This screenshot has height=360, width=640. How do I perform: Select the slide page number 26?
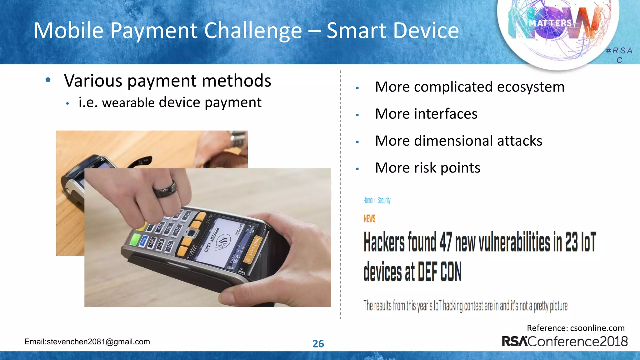tap(318, 344)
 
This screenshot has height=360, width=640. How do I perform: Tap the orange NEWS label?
tap(369, 218)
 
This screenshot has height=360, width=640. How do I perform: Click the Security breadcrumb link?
tap(384, 200)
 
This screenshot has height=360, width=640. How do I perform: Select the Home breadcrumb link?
tap(368, 200)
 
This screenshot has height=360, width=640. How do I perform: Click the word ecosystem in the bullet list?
tap(531, 87)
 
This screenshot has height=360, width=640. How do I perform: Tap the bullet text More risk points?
tap(427, 168)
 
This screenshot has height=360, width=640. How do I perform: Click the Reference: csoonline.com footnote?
tap(575, 328)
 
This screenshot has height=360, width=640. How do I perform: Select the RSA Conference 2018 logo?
tap(564, 341)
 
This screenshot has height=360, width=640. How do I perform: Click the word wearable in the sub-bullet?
tap(128, 103)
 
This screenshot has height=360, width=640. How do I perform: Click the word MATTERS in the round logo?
tap(550, 23)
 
